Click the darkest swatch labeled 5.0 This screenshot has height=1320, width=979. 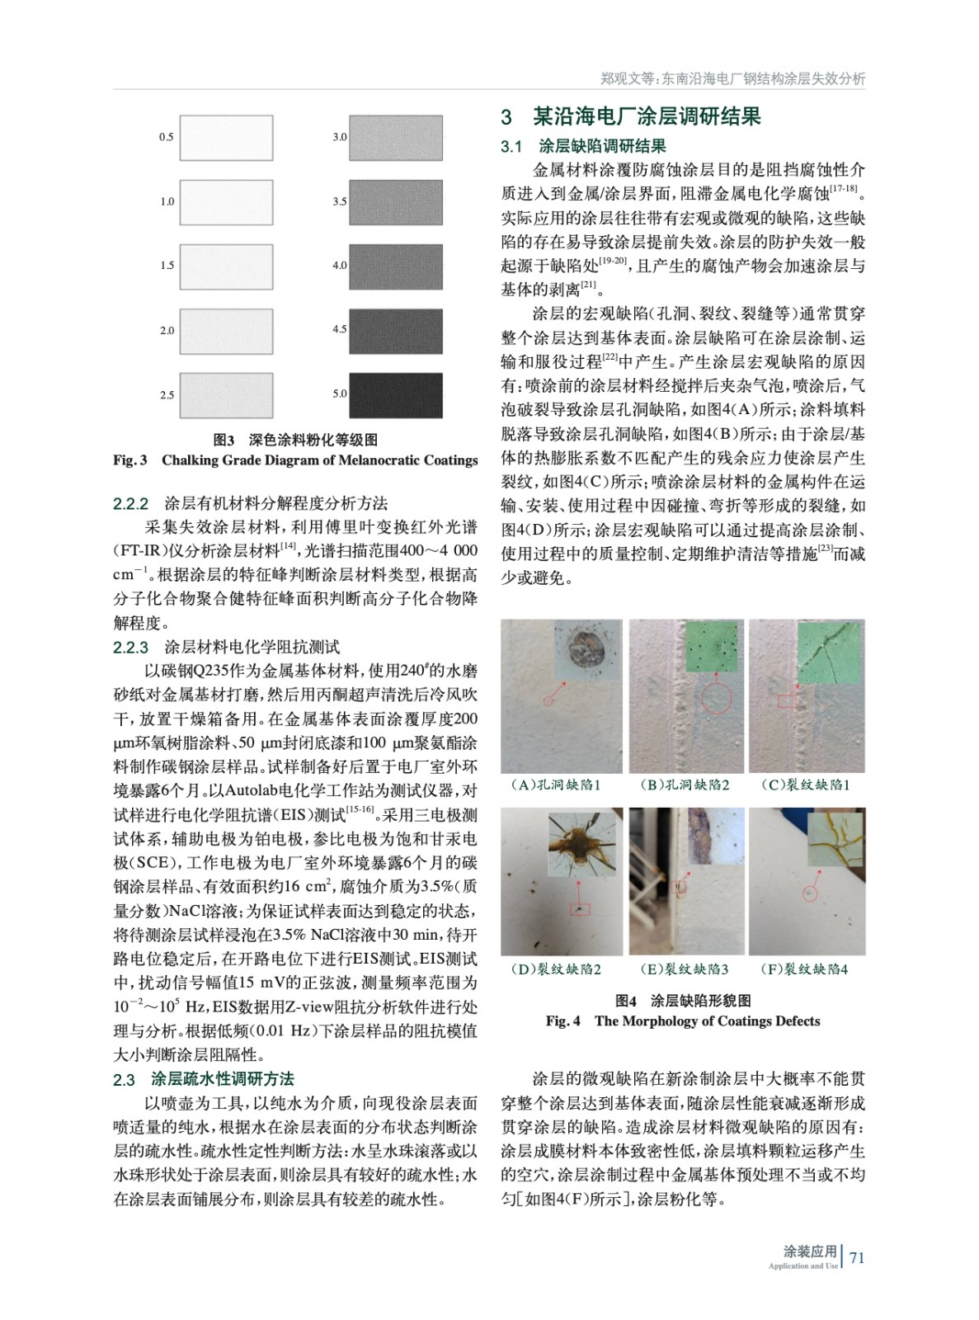click(395, 395)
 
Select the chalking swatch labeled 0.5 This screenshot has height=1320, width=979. click(226, 138)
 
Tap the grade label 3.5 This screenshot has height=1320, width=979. click(340, 201)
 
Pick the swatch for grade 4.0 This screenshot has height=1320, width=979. click(395, 266)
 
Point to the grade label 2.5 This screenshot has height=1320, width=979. click(167, 395)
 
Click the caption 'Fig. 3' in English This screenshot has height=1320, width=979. click(130, 460)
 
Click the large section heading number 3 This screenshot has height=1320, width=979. click(506, 117)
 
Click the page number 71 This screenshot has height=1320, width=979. click(857, 1257)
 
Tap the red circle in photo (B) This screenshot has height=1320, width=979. click(717, 700)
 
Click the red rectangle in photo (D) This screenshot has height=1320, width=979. click(580, 908)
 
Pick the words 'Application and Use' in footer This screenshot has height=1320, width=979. click(802, 1266)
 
